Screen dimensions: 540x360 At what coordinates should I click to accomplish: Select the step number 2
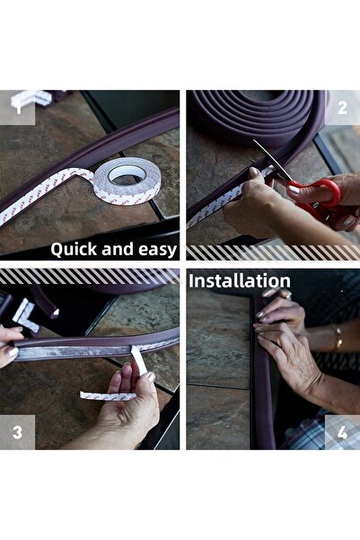(341, 108)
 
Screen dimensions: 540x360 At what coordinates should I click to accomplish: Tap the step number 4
(341, 431)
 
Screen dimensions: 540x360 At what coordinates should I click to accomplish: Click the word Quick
(74, 249)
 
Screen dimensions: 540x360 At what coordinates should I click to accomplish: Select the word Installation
(239, 281)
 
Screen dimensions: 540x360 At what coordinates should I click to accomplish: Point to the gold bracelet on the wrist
(338, 338)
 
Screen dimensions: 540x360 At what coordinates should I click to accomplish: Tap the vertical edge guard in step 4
(262, 386)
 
